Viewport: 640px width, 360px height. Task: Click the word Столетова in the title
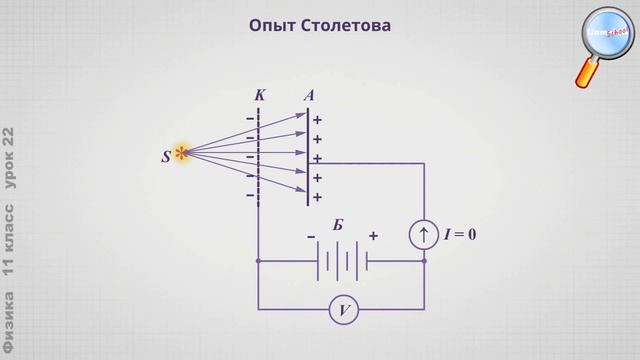(346, 25)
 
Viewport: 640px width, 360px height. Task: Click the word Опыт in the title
(271, 25)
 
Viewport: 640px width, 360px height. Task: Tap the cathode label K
(260, 95)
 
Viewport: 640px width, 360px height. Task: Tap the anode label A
(310, 95)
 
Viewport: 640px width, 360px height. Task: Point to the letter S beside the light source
(166, 156)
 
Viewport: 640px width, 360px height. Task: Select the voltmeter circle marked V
(343, 311)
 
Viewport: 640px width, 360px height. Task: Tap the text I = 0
(459, 234)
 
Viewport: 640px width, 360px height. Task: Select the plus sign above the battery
(373, 236)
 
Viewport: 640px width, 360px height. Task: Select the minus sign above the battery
(311, 236)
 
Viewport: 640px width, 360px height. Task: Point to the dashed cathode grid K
(259, 155)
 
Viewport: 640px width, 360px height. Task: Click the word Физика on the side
(11, 323)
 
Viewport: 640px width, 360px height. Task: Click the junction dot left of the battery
(259, 262)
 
